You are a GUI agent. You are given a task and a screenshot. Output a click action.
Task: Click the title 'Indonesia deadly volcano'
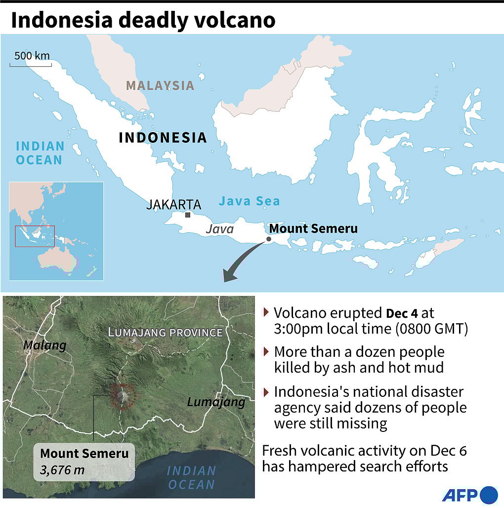coord(143,20)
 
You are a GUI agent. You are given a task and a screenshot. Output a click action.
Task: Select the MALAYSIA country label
coord(160,85)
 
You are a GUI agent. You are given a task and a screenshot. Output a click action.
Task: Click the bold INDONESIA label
coord(163,137)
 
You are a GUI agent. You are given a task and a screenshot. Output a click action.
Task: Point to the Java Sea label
coord(249,201)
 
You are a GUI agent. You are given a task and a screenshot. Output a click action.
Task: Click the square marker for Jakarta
coord(188,215)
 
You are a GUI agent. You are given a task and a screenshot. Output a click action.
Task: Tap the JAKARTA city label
coord(173,205)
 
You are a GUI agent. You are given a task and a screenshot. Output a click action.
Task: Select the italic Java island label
coord(219,229)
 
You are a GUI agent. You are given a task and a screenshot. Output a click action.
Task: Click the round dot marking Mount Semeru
coord(268,239)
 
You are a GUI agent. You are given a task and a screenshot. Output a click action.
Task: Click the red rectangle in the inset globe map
coord(35,236)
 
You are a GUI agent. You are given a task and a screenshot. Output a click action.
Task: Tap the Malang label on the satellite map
coord(45,345)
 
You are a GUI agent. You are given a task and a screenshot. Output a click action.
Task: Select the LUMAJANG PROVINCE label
coord(165,332)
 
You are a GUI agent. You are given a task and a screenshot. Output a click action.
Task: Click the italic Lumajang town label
coord(216,402)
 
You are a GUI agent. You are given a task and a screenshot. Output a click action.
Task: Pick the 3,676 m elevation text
coord(62,469)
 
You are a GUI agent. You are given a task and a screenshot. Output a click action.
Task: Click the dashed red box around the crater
coord(122,395)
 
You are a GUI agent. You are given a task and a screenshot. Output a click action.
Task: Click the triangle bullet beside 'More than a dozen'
coord(267,351)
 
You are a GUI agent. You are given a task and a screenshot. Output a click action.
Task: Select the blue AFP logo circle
coord(488,495)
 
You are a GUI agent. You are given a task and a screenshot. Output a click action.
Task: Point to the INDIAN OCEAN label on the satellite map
coord(191,477)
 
